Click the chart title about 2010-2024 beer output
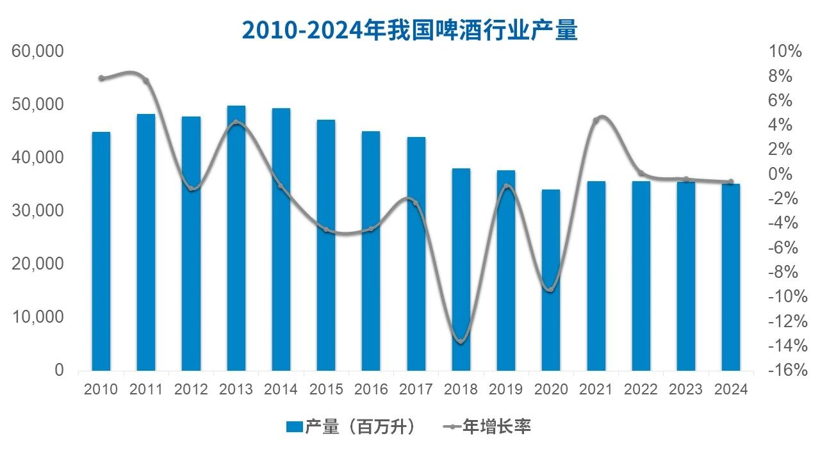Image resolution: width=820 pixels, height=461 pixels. pos(409,29)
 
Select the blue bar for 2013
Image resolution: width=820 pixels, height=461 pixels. pos(236,238)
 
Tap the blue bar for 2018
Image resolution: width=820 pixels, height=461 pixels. pos(461,269)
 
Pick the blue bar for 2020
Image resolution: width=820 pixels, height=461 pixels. pos(551,280)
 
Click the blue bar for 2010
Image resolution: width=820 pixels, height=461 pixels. pos(101,251)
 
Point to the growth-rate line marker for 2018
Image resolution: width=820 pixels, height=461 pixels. pos(461,340)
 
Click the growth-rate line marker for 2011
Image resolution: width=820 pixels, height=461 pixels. pos(146,81)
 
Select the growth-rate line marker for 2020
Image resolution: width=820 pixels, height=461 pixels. pos(551,289)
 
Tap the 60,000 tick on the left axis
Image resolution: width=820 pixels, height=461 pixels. pos(38,51)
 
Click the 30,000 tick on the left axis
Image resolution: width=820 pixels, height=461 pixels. pos(38,211)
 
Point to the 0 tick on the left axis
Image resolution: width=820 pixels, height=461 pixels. pos(59,370)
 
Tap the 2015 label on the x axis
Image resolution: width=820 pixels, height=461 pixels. pos(326,389)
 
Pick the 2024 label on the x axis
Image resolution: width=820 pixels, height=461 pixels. pos(731,389)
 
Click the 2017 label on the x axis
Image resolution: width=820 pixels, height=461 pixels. pos(416,389)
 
